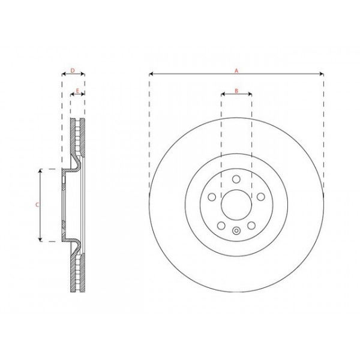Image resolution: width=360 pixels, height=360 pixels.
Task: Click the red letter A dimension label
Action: click(236, 71)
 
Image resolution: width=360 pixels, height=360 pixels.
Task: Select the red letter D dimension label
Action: click(73, 71)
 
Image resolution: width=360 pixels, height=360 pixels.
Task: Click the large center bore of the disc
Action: click(236, 205)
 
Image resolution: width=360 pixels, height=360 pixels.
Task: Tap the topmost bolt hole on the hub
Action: click(236, 179)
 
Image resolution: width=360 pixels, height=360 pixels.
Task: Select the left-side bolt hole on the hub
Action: click(211, 197)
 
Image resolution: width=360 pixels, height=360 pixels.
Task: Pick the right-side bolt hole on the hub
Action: click(261, 197)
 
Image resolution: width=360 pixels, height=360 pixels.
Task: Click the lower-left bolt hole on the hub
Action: click(221, 226)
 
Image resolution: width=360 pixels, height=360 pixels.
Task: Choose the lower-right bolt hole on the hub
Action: click(252, 226)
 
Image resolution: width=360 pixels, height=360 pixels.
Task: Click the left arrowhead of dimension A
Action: click(151, 74)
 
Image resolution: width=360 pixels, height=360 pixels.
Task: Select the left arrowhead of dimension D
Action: click(63, 75)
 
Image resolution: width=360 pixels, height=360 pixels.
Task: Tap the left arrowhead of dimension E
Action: click(72, 94)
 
